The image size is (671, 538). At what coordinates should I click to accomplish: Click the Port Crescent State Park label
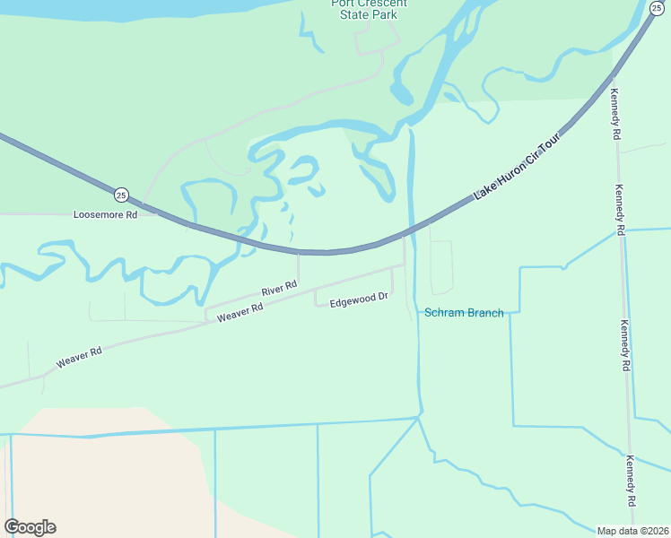tap(369, 9)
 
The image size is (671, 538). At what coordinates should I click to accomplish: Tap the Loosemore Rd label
tap(105, 215)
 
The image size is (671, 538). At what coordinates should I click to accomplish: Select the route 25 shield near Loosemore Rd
tap(121, 195)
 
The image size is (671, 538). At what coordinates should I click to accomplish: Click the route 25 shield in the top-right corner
tap(657, 8)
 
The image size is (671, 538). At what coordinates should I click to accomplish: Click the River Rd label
tap(279, 290)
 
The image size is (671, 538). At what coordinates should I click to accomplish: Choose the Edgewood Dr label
tap(358, 302)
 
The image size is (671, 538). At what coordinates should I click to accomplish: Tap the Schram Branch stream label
tap(464, 313)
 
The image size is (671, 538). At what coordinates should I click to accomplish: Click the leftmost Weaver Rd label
tap(79, 357)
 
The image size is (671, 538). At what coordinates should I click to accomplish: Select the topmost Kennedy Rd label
tap(615, 114)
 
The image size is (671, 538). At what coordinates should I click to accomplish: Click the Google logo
tap(30, 527)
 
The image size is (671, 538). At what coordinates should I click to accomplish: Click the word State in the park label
tap(347, 15)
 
